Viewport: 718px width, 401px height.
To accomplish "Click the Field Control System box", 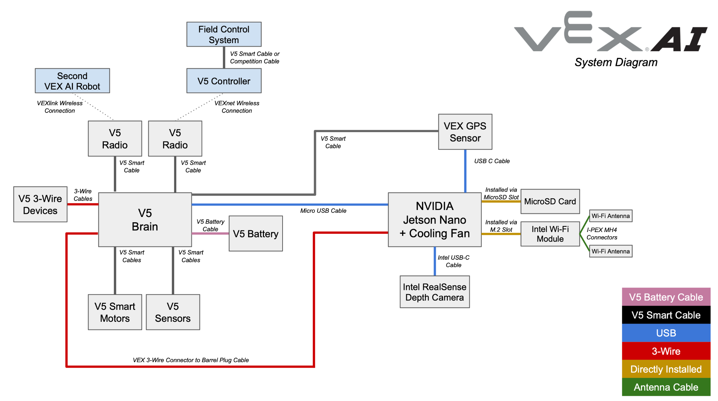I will click(224, 34).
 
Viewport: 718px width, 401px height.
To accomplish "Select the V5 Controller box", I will click(224, 81).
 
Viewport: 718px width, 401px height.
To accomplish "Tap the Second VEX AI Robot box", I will click(72, 81).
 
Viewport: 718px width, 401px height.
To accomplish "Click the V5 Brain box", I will click(145, 220).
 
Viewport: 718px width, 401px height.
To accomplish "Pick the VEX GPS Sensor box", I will click(465, 132).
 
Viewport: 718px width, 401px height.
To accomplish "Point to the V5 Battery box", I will click(256, 234).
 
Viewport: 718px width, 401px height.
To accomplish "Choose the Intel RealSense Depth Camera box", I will click(434, 292).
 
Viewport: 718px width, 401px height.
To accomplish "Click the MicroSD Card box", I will click(550, 202).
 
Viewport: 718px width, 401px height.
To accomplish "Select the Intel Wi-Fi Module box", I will click(550, 234).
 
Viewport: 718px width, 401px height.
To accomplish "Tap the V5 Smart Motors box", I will click(115, 312).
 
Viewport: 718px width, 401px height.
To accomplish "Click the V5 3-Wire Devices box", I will click(40, 204).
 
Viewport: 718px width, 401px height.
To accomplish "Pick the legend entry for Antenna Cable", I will click(666, 387).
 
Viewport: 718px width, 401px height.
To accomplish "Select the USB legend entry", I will click(666, 333).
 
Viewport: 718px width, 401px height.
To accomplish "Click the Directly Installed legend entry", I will click(666, 369).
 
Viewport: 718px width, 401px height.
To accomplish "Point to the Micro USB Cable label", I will click(323, 211).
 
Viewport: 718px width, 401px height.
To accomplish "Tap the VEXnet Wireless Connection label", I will click(237, 107).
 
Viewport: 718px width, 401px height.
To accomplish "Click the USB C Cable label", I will click(492, 161).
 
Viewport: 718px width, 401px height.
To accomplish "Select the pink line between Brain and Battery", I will click(210, 233).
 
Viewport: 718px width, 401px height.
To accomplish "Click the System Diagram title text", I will click(616, 62).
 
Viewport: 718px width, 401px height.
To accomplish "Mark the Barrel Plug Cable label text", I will click(191, 360).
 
